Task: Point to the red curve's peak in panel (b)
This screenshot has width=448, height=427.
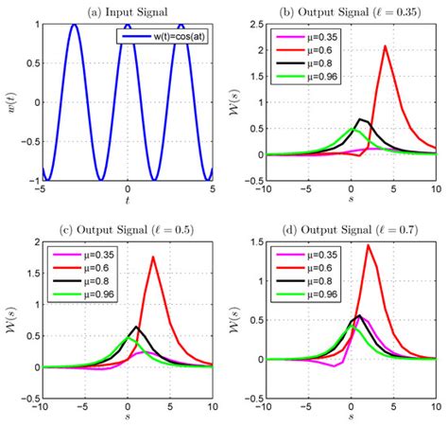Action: (386, 46)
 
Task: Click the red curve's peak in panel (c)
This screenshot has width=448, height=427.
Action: (153, 257)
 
